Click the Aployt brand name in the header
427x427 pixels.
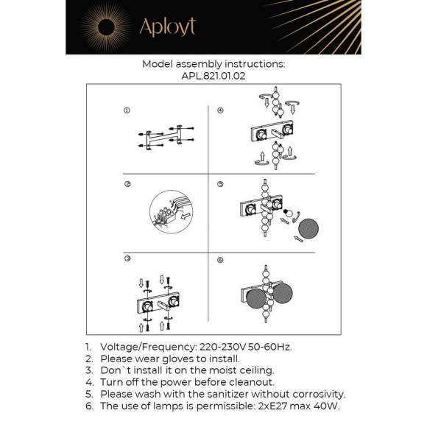[167, 28]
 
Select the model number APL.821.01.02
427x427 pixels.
[213, 75]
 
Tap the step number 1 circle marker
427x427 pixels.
[127, 110]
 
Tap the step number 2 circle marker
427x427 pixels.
[127, 184]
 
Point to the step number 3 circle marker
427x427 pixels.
[127, 259]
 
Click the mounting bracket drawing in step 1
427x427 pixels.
[163, 137]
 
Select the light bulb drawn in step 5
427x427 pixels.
[290, 215]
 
